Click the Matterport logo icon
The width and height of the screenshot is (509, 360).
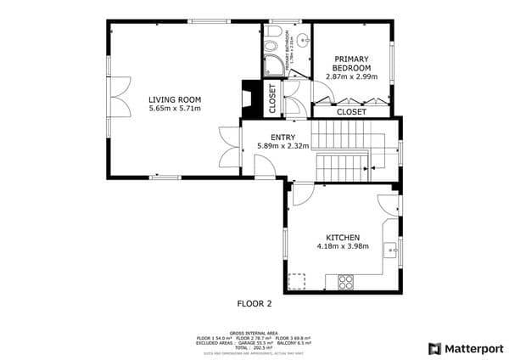point(434,348)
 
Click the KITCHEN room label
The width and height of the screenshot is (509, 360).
point(344,238)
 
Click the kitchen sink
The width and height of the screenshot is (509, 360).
point(391,250)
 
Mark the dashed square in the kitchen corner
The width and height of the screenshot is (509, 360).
point(297,280)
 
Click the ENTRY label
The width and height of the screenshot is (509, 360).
point(282,137)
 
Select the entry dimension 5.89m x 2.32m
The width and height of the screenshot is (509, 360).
point(282,146)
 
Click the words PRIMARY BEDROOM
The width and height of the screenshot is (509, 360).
point(351,63)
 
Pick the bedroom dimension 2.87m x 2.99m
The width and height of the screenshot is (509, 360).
point(351,76)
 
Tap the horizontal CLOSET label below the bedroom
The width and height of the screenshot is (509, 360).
point(351,111)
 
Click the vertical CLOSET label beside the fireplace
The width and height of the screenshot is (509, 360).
point(272,98)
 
